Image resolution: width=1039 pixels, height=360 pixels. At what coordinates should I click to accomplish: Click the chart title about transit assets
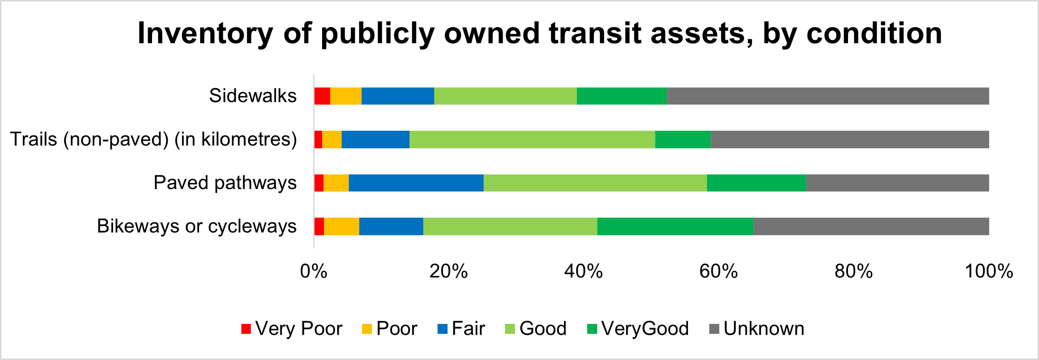[540, 33]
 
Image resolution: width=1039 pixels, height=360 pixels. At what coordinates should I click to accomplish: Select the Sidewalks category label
[253, 96]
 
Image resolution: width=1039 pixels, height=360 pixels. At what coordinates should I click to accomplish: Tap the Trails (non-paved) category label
[153, 140]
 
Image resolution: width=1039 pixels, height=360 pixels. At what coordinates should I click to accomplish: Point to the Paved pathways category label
[225, 183]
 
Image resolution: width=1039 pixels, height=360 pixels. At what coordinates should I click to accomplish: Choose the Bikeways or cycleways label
[197, 226]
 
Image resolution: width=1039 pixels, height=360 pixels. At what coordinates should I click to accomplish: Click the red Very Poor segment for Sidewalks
[322, 96]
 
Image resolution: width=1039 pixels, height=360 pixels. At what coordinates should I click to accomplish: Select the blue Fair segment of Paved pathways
[416, 183]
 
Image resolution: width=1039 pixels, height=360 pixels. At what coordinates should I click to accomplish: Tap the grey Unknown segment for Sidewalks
[828, 96]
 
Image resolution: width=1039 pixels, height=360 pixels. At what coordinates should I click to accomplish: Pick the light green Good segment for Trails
[532, 140]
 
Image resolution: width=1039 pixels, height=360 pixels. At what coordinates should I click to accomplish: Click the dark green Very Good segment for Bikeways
[675, 226]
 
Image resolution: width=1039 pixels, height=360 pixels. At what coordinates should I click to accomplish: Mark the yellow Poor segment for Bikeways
[342, 226]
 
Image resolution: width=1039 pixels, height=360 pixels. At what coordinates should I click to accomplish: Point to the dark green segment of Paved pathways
[756, 183]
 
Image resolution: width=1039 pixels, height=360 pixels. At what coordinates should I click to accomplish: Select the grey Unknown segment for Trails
[849, 140]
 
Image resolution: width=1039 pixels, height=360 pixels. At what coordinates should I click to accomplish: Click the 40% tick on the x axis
[583, 271]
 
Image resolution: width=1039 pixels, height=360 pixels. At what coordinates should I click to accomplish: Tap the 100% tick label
[989, 271]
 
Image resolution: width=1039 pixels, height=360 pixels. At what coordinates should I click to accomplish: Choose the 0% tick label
[314, 271]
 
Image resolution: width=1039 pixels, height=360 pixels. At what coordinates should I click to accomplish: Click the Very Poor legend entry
[292, 329]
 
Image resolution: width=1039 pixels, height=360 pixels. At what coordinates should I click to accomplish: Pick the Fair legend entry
[461, 329]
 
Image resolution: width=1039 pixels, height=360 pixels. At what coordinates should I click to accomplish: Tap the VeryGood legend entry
[638, 329]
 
